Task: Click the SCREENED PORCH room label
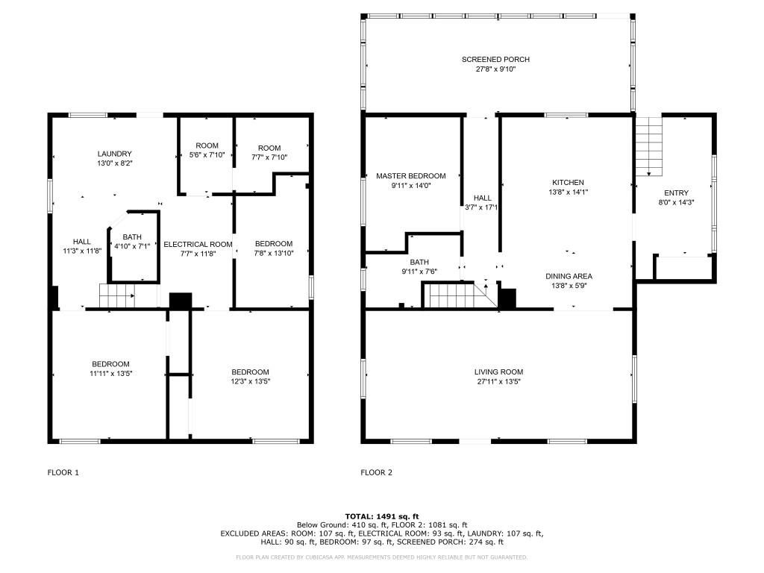(x=495, y=60)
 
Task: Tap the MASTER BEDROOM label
(x=411, y=176)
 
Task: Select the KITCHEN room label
(x=568, y=182)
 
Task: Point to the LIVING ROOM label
(x=498, y=372)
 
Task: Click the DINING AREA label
(x=569, y=276)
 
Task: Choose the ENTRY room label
(x=676, y=193)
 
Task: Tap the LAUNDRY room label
(x=114, y=154)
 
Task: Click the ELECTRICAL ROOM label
(x=198, y=244)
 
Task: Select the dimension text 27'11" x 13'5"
(x=498, y=381)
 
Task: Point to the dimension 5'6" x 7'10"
(x=207, y=155)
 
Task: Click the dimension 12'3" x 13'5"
(x=251, y=381)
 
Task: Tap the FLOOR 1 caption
(x=63, y=472)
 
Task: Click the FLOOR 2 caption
(x=376, y=472)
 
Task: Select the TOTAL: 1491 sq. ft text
(x=382, y=516)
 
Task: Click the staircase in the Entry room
(x=649, y=146)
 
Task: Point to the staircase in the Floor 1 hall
(x=117, y=295)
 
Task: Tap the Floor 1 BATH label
(x=132, y=237)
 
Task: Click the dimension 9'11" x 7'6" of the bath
(x=419, y=272)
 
